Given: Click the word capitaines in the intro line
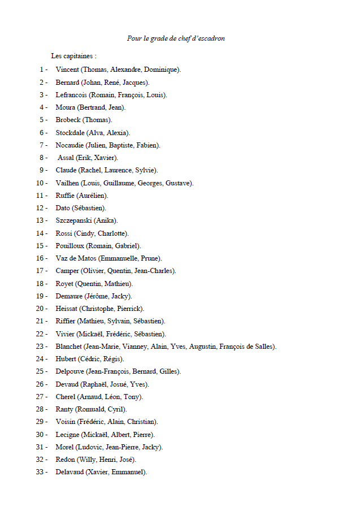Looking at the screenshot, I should point(76,57).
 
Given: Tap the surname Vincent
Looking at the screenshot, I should point(67,70).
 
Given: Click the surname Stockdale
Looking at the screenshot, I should point(70,132).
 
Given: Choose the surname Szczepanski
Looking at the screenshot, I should point(74,220).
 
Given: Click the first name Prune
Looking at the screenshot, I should point(150,258).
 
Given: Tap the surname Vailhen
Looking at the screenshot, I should point(67,183).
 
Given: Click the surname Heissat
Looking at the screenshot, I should point(67,309).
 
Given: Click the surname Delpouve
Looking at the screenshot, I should point(70,371).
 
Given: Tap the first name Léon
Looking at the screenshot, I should point(114,397).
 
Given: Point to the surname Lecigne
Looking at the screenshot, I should point(67,435).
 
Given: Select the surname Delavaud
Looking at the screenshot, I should point(70,472).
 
